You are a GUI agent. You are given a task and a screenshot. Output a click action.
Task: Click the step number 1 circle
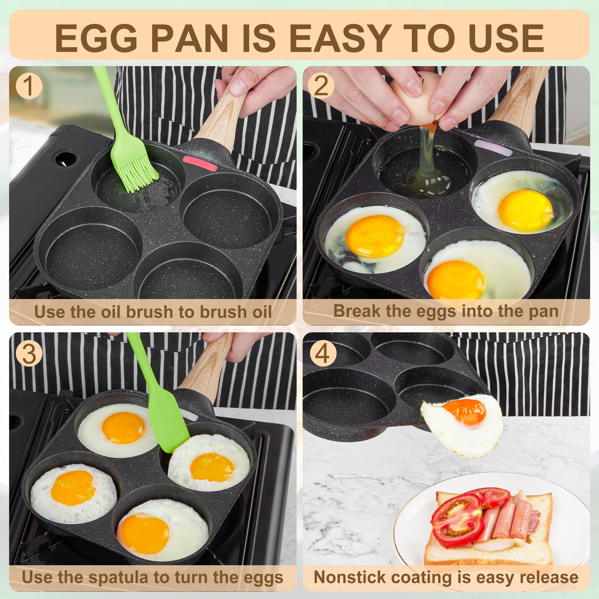click(29, 86)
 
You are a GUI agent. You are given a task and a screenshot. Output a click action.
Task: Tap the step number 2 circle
click(321, 86)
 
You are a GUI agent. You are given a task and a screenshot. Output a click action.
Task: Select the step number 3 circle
click(29, 354)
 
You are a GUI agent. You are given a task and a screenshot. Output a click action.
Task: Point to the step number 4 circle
click(323, 354)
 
